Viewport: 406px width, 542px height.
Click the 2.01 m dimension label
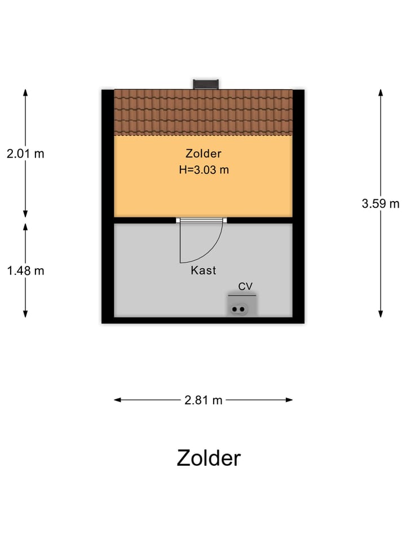[x=25, y=154]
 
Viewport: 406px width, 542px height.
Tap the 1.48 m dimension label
[x=25, y=270]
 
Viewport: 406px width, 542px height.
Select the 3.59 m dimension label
[x=381, y=204]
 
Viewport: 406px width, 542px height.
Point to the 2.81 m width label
[x=204, y=400]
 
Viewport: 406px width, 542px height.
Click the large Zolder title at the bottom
[x=209, y=458]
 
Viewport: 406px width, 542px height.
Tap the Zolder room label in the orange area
[x=204, y=154]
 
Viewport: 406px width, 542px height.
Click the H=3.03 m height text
[x=204, y=170]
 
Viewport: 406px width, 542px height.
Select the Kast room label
[x=204, y=270]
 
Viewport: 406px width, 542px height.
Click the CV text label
[x=245, y=286]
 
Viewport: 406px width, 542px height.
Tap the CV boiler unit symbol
[x=242, y=305]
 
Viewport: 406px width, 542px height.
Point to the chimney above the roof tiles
[x=206, y=84]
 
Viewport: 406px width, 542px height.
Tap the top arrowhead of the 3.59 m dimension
[x=381, y=93]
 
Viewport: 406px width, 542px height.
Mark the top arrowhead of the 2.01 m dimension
[x=25, y=93]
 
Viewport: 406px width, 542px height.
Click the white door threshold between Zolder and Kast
[x=201, y=220]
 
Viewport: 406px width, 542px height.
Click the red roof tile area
[x=204, y=112]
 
